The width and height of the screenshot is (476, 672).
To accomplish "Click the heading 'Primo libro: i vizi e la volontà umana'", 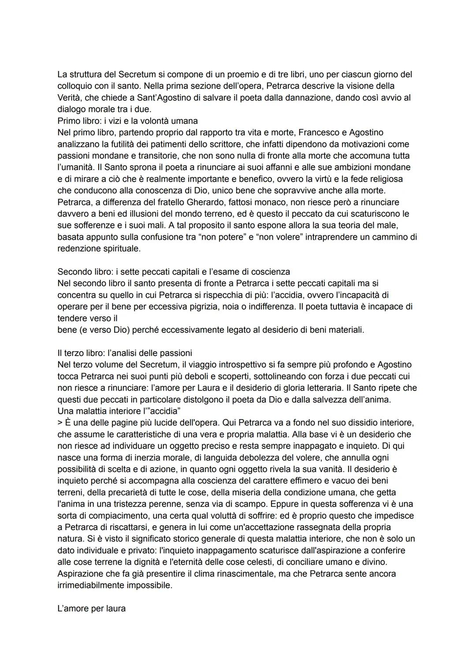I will pyautogui.click(x=127, y=121).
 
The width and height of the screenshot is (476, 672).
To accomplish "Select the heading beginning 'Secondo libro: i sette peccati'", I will pyautogui.click(x=173, y=271).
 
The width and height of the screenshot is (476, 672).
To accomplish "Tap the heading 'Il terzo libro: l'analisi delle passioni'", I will pyautogui.click(x=125, y=353).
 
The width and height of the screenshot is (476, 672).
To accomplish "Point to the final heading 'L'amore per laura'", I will pyautogui.click(x=91, y=609).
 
